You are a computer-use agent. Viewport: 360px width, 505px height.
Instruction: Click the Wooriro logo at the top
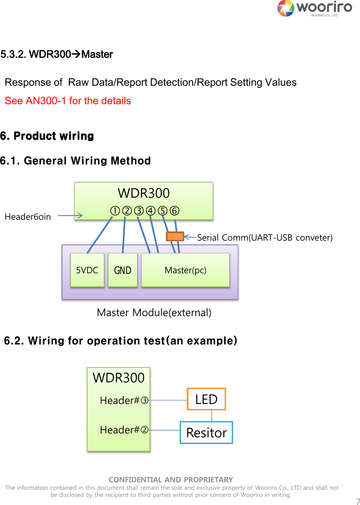point(314,8)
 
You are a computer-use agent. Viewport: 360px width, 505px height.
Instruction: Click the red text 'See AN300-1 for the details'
point(68,101)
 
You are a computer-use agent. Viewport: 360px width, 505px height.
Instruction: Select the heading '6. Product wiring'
point(47,136)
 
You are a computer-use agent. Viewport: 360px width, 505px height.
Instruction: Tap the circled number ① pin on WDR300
point(115,211)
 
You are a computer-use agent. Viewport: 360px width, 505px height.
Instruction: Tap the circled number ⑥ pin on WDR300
point(174,211)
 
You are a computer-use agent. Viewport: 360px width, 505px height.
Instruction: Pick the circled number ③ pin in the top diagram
point(139,211)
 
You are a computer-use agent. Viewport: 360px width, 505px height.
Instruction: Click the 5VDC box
point(87,270)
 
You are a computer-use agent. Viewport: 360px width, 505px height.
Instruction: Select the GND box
point(123,270)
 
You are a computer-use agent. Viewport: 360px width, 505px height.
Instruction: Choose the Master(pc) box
point(185,270)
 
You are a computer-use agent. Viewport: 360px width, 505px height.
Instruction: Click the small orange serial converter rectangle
point(175,236)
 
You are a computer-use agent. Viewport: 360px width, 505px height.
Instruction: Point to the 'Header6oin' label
point(28,217)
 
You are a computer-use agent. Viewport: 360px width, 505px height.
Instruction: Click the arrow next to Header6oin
point(70,215)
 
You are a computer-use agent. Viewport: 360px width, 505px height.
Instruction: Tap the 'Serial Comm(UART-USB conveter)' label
point(265,237)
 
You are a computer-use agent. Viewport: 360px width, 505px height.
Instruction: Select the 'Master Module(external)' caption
point(154,313)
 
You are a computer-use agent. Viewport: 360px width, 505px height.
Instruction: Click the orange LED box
point(206,399)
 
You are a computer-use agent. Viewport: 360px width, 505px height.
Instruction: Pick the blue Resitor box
point(206,433)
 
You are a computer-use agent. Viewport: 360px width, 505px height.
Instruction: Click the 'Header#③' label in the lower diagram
point(124,400)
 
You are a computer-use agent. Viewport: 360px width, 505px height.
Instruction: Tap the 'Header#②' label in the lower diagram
point(124,430)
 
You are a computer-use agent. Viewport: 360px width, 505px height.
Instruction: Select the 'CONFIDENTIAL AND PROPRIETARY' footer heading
point(171,480)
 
